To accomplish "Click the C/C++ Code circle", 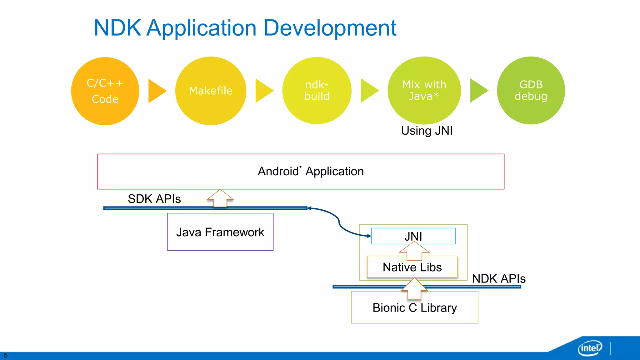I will click(x=105, y=91).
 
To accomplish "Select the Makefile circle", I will click(x=211, y=91).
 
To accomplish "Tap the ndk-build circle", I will click(x=317, y=91).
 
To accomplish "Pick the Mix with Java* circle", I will click(x=424, y=90).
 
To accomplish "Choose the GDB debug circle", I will click(x=531, y=90).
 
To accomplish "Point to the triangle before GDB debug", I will click(x=478, y=90).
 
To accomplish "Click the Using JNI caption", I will click(x=427, y=131).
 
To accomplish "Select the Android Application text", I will click(x=311, y=171).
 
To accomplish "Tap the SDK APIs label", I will click(x=154, y=199).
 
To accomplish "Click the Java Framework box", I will click(x=220, y=232).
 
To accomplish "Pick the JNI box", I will click(x=413, y=236).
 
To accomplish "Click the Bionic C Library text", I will click(x=414, y=308).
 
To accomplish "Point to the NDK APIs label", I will click(x=498, y=278).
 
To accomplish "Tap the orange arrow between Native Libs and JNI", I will click(x=414, y=251).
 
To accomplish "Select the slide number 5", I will click(x=5, y=355).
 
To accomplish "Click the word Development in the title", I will click(x=330, y=28).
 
